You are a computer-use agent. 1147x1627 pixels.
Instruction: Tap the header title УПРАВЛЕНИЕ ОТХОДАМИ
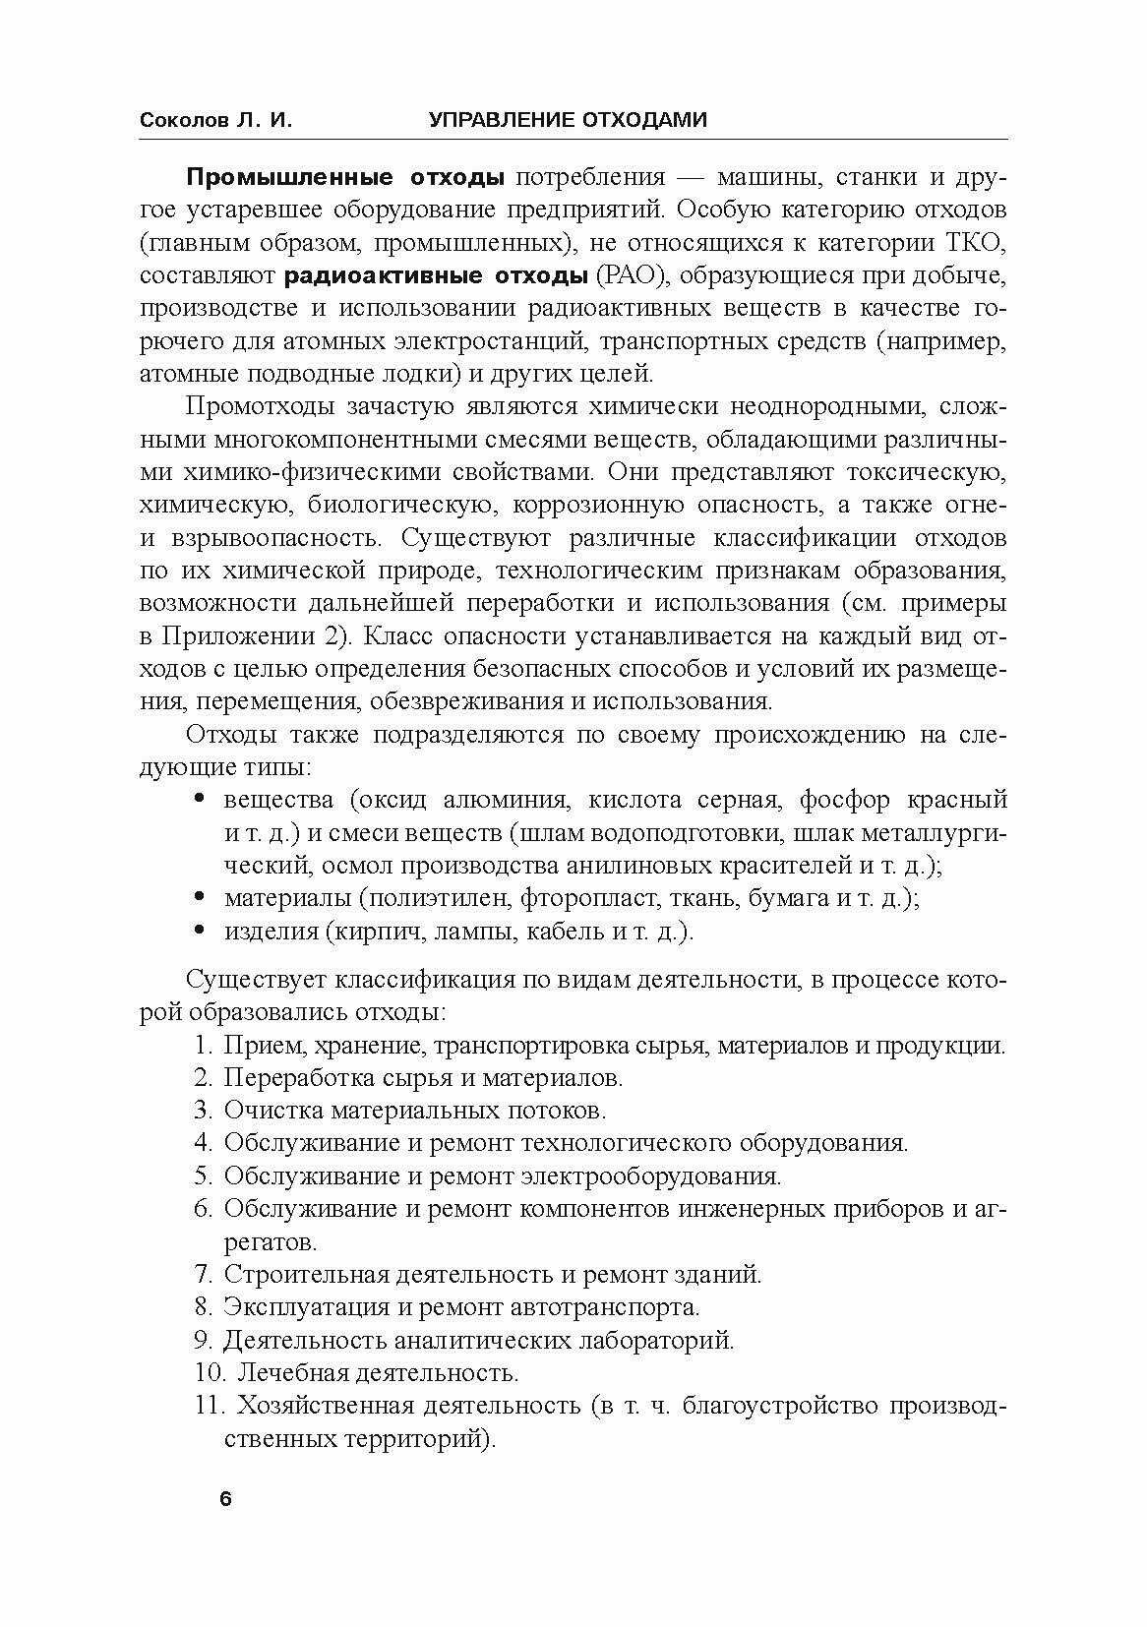click(568, 120)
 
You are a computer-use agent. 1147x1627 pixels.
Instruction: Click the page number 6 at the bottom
click(225, 1500)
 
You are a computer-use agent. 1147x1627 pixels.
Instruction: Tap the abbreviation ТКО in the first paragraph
click(977, 243)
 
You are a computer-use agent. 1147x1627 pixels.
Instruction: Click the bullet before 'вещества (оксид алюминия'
click(202, 799)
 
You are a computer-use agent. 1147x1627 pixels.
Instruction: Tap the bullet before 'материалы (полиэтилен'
click(202, 897)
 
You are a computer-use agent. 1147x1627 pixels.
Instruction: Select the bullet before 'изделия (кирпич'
click(202, 931)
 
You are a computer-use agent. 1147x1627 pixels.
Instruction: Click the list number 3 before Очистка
click(203, 1111)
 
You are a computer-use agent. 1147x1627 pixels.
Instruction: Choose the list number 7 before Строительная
click(203, 1275)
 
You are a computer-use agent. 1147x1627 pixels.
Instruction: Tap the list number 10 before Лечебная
click(208, 1372)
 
